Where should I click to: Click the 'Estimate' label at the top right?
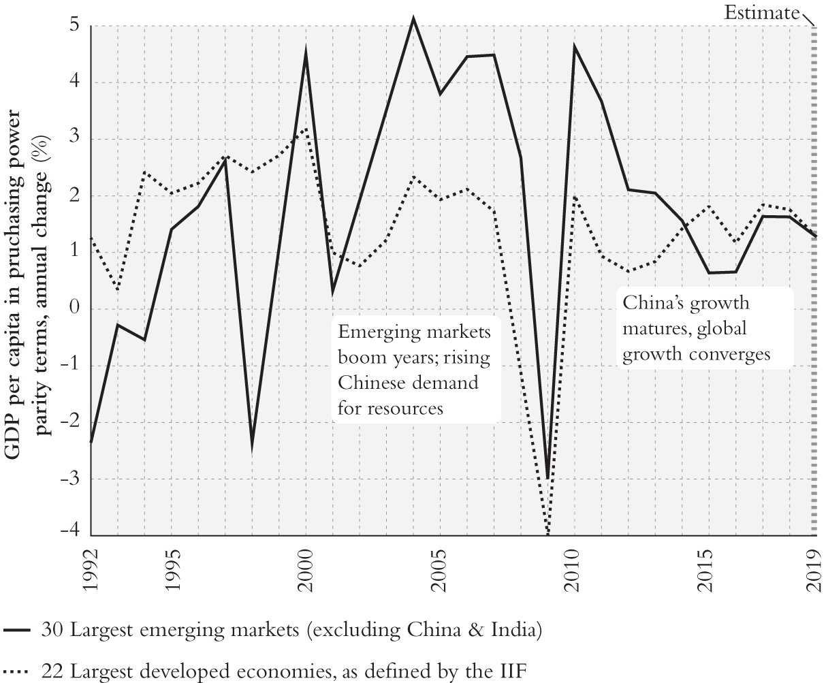[x=761, y=12]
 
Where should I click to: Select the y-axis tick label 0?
[x=74, y=309]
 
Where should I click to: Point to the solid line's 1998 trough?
[x=252, y=447]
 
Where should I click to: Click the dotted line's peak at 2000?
[x=306, y=129]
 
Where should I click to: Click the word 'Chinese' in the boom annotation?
[x=370, y=383]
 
